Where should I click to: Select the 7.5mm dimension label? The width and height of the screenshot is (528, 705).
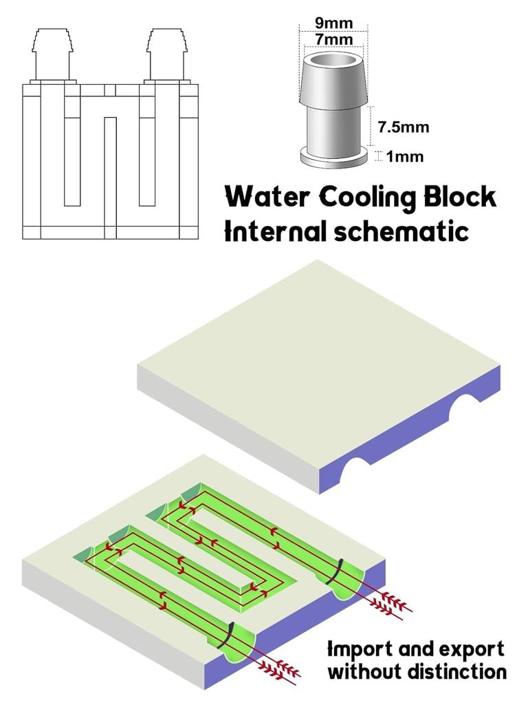point(404,127)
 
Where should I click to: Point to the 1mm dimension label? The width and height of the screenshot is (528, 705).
point(405,156)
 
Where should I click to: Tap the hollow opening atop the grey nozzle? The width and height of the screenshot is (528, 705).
point(333,64)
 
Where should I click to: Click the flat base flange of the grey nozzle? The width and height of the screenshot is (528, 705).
point(333,157)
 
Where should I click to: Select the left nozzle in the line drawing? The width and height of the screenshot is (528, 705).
point(52,55)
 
